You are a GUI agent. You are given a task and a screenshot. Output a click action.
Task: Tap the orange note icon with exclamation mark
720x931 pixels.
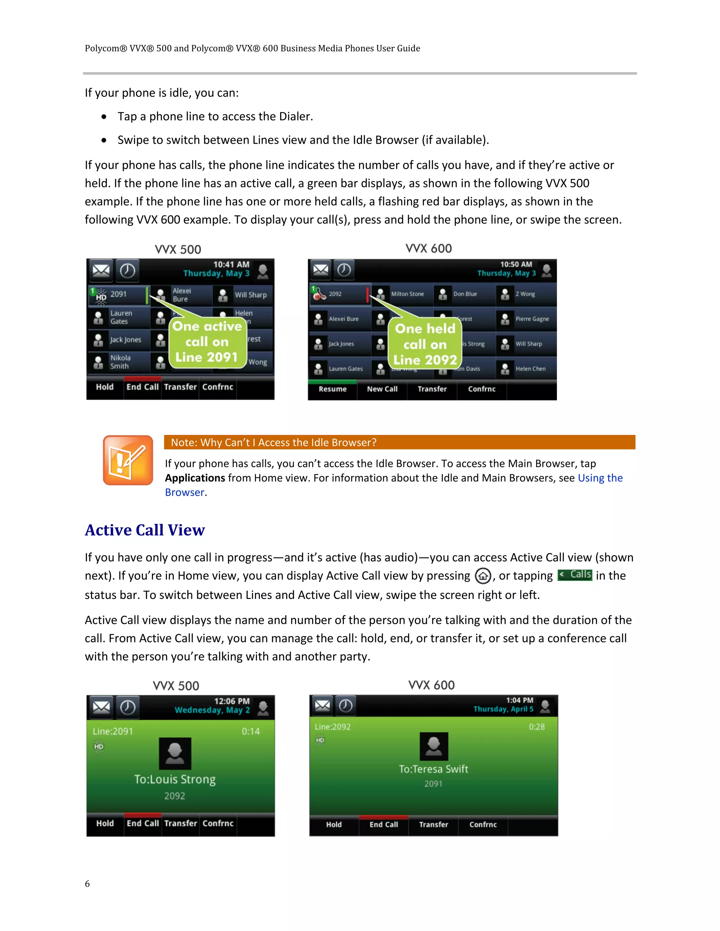[128, 460]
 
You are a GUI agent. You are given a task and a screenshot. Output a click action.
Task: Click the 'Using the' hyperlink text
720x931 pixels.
[600, 478]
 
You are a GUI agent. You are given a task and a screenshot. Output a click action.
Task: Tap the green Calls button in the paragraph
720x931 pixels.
[574, 575]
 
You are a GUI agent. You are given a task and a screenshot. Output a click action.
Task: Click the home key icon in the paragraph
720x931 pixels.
[483, 576]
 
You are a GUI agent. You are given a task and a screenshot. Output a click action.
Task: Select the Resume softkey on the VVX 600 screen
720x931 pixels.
[332, 389]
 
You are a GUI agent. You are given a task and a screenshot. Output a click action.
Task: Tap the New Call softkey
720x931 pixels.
[382, 389]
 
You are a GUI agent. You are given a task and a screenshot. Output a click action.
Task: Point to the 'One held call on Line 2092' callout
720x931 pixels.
[425, 344]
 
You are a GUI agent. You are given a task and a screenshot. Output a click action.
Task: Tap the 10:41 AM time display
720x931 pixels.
[231, 264]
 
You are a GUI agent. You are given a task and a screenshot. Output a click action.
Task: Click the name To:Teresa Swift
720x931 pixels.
[433, 769]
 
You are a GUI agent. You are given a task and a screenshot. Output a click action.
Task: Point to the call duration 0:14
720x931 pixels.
[250, 731]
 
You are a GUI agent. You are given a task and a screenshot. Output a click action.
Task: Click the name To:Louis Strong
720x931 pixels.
[175, 779]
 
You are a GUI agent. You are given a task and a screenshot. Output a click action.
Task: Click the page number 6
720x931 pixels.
[88, 883]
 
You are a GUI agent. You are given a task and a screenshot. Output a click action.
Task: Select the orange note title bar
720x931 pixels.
[399, 442]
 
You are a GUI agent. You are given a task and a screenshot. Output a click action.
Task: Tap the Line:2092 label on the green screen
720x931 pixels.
[333, 727]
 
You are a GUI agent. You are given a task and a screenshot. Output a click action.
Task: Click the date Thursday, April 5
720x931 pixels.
[503, 709]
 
